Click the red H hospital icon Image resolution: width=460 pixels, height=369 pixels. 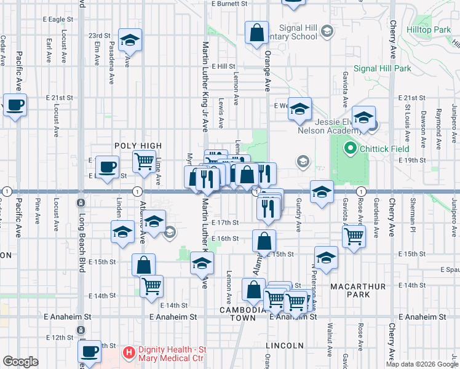click(x=129, y=352)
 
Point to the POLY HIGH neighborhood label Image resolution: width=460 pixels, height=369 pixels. click(x=138, y=146)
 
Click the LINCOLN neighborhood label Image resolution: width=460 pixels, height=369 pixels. click(x=285, y=345)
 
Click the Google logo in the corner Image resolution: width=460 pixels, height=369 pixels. click(x=20, y=362)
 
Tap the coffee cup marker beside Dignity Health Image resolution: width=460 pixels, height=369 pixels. click(x=90, y=351)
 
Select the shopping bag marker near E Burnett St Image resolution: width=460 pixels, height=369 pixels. click(x=256, y=32)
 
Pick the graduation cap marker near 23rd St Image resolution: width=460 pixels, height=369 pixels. click(x=130, y=40)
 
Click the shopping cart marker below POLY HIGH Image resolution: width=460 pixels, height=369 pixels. click(x=144, y=162)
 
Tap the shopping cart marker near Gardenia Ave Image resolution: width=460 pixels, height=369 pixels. click(x=354, y=236)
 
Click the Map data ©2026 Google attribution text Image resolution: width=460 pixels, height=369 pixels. click(x=422, y=364)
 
